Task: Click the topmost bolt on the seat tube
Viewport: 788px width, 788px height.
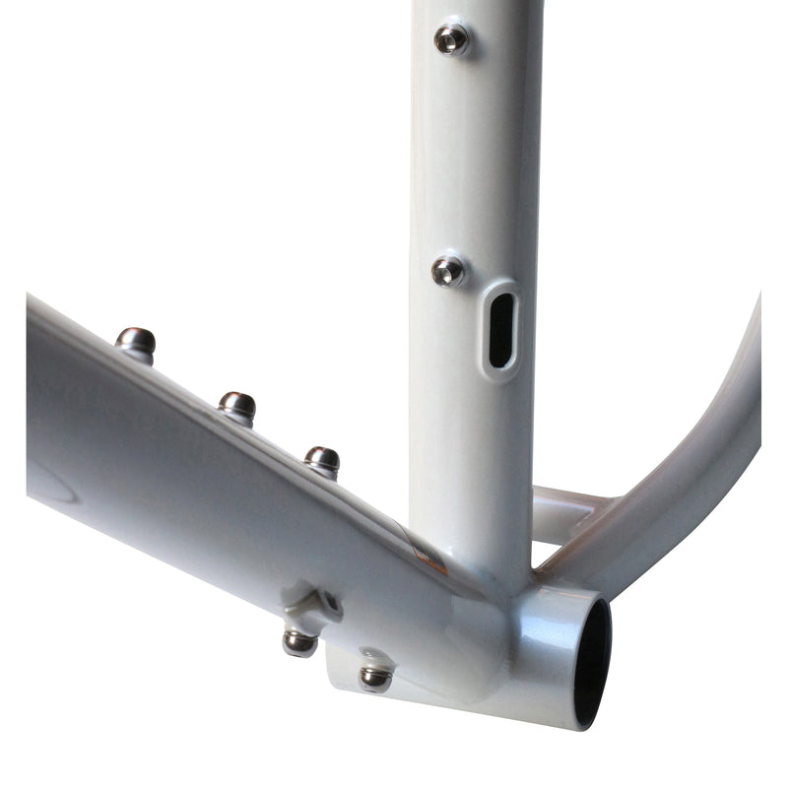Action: click(x=452, y=38)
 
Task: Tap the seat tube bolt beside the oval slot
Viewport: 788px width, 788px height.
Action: click(x=449, y=270)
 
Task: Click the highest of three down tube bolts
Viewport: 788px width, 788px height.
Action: click(x=135, y=342)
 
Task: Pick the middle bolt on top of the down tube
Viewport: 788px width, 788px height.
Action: click(x=236, y=404)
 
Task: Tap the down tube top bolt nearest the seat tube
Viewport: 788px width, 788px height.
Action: click(x=322, y=459)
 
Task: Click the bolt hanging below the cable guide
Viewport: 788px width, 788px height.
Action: click(x=299, y=642)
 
